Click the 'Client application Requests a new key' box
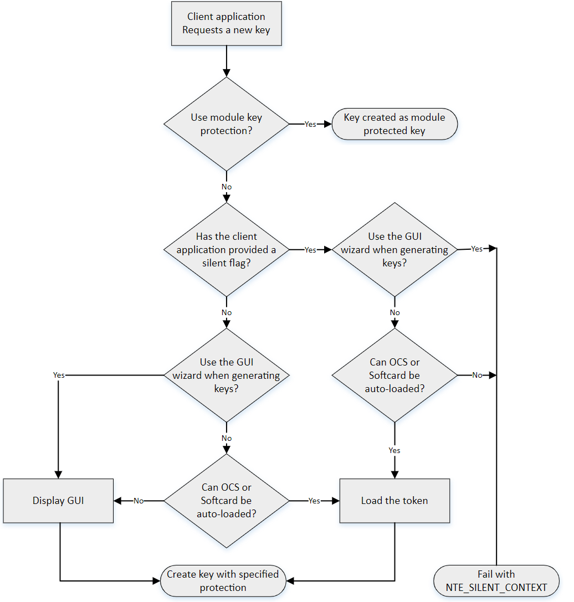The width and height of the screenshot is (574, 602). [x=226, y=23]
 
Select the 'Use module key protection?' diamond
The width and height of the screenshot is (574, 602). [x=226, y=124]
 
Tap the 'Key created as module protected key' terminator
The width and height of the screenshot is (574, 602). [x=394, y=124]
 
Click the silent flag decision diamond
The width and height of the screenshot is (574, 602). [x=226, y=249]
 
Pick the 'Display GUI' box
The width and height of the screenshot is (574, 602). [x=58, y=501]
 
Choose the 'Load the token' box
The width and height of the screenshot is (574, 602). [x=394, y=501]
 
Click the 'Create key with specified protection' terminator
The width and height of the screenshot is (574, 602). [x=223, y=580]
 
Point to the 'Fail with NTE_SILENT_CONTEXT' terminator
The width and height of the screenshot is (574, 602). [x=496, y=580]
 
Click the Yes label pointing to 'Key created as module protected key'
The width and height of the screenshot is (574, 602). [x=310, y=124]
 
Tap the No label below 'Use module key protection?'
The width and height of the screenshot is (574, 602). [x=226, y=187]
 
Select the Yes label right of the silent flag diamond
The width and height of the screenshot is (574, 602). [x=310, y=250]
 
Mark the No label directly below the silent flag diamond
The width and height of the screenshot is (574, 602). [x=226, y=312]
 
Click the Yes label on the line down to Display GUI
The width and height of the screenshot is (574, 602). [x=59, y=375]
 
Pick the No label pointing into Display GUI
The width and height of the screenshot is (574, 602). [x=139, y=501]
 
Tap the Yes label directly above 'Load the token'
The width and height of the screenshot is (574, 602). [x=394, y=450]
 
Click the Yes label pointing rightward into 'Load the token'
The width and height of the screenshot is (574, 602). [x=314, y=501]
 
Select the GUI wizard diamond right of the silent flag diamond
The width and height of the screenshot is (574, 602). [x=394, y=249]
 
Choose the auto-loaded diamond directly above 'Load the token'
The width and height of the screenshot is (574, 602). [x=394, y=375]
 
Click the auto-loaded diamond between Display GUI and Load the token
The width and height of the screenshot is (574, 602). [x=226, y=501]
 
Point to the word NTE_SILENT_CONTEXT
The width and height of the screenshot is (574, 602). [x=496, y=587]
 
